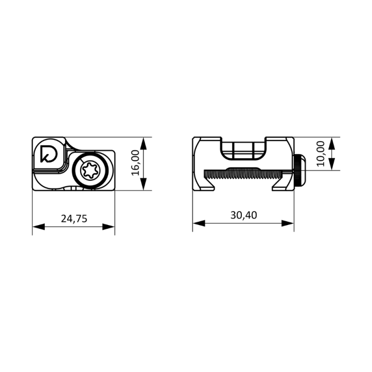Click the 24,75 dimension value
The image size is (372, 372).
74,219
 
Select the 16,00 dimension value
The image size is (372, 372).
135,163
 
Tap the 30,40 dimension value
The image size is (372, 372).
244,215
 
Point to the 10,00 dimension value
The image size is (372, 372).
320,154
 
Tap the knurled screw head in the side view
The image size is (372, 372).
300,170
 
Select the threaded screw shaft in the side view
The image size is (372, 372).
249,174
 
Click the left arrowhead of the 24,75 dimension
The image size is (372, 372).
39,227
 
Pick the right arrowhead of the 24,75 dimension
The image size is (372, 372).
109,227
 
